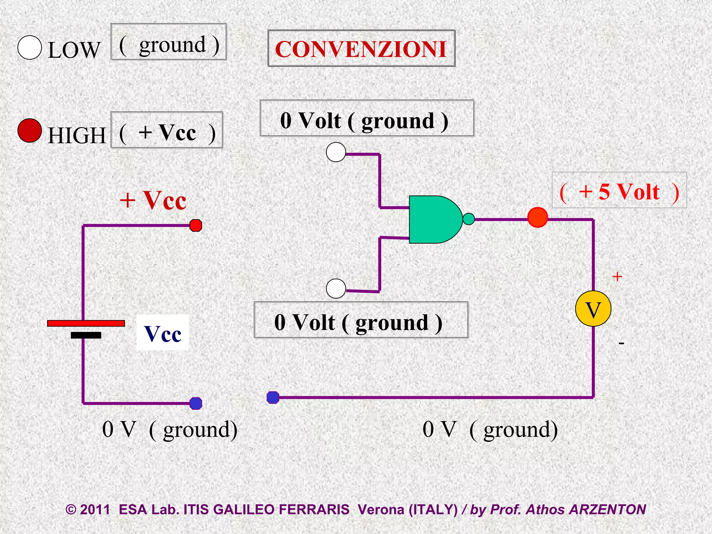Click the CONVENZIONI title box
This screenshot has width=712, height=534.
click(361, 48)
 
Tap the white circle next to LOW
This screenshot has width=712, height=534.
click(30, 48)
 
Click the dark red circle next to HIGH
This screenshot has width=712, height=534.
click(30, 130)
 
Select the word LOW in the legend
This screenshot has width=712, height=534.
click(74, 50)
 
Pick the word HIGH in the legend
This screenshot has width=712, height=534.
click(77, 135)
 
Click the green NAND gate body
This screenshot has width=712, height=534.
click(433, 219)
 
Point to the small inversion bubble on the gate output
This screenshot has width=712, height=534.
click(469, 219)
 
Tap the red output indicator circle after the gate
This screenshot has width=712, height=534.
click(537, 217)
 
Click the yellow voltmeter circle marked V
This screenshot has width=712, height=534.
click(593, 309)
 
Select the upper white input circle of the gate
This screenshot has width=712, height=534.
click(336, 152)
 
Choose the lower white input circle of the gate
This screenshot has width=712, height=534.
click(336, 289)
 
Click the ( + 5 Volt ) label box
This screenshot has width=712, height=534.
click(619, 191)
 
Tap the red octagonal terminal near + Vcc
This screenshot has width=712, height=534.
click(196, 225)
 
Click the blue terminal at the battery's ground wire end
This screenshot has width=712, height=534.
click(196, 403)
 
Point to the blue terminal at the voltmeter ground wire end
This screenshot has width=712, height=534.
click(273, 397)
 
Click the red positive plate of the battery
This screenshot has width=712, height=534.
click(86, 323)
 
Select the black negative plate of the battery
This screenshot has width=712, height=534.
click(86, 335)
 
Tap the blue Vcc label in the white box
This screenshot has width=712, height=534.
click(163, 334)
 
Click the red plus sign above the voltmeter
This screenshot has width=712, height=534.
click(617, 277)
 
